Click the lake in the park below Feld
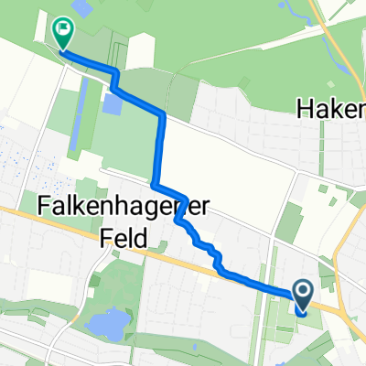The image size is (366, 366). (105, 322)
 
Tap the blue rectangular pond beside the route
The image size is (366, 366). (113, 102)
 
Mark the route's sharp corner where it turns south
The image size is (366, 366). (163, 113)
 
